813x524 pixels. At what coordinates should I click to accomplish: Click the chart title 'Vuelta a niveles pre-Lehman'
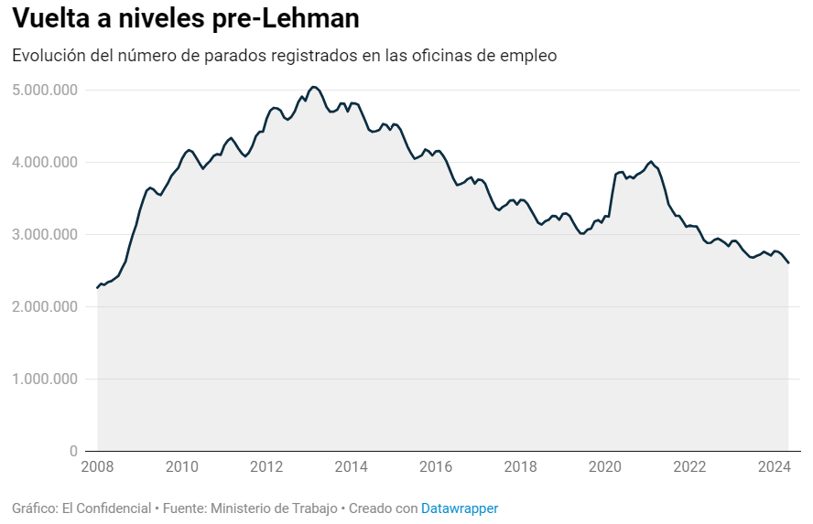(185, 18)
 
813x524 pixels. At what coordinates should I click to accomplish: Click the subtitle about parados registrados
(284, 56)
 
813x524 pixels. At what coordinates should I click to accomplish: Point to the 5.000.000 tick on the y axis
(45, 90)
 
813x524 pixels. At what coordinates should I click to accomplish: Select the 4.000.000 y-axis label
(45, 162)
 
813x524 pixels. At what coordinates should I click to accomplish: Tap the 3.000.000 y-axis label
(45, 234)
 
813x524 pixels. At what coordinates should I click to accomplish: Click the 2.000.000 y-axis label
(45, 306)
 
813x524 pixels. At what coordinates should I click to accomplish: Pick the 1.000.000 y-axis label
(45, 379)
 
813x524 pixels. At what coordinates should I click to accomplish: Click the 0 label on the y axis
(73, 451)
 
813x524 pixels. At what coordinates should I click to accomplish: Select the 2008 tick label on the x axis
(98, 467)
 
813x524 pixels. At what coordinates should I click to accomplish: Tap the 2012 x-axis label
(266, 467)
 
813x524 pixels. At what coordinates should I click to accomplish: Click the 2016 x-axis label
(436, 467)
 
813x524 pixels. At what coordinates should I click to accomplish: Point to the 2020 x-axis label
(605, 467)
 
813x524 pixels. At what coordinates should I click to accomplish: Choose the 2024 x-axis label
(774, 467)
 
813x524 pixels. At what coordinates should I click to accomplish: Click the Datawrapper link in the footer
(460, 508)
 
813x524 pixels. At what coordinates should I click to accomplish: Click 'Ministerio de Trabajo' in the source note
(275, 508)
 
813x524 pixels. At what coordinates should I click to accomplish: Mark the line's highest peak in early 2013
(313, 87)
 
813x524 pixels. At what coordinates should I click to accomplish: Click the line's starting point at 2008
(97, 288)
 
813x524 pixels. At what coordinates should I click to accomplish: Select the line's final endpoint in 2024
(788, 263)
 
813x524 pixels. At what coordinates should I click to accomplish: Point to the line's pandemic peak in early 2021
(651, 161)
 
